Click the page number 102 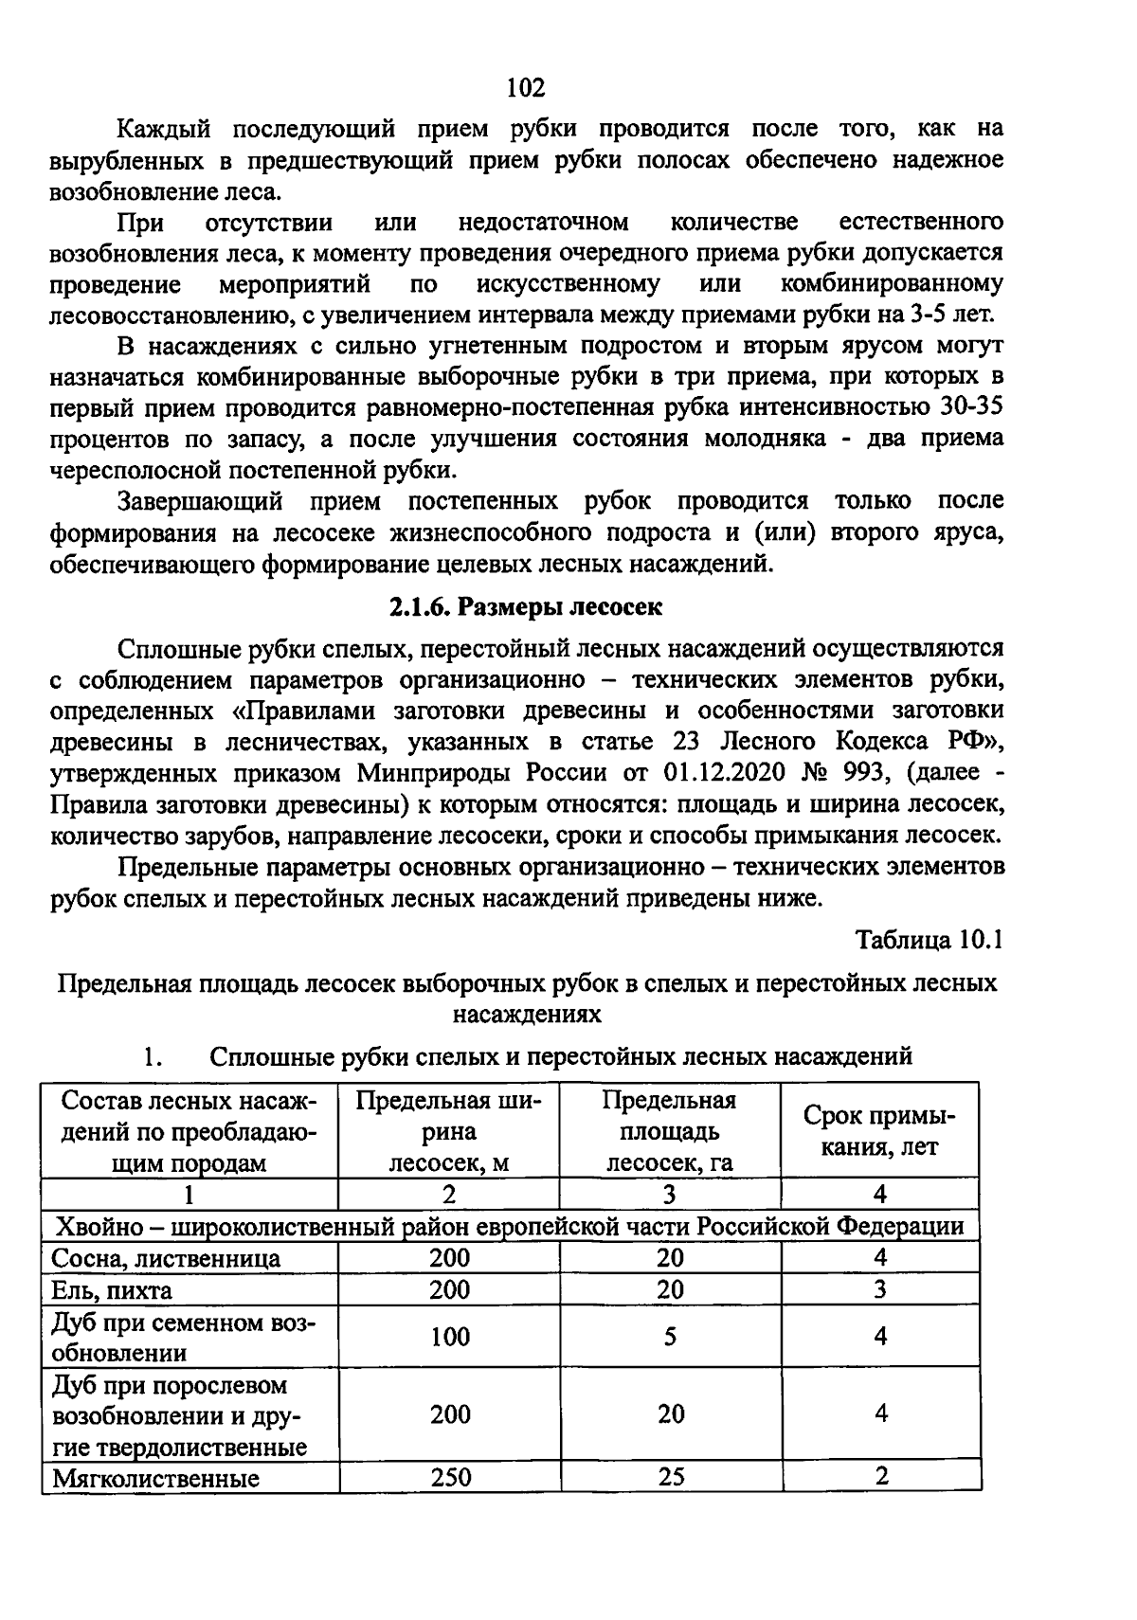click(526, 88)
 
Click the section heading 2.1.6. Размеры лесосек click(526, 607)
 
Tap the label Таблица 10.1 click(929, 940)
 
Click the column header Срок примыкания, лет click(879, 1131)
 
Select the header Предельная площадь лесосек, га click(670, 1131)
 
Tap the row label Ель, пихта click(113, 1290)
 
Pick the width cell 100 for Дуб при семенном click(449, 1337)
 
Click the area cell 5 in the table click(670, 1337)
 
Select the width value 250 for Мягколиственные click(449, 1476)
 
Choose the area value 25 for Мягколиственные click(670, 1476)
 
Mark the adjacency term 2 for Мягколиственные click(881, 1476)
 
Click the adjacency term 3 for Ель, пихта click(881, 1289)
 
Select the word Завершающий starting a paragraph click(200, 501)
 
